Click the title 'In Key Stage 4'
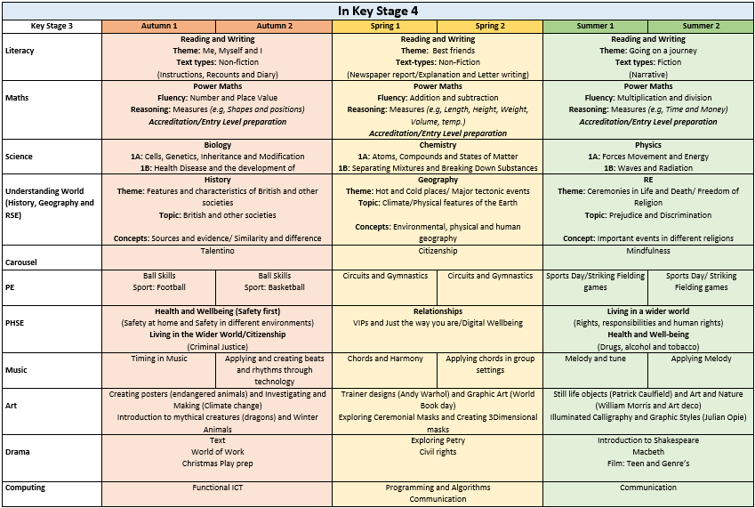coord(377,11)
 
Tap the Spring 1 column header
coord(385,26)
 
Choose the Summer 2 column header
coord(701,26)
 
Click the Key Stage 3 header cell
coord(52,26)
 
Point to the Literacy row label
coord(20,51)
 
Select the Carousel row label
coord(21,262)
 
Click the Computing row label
coord(25,488)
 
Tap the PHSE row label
coord(16,322)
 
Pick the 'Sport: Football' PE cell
coord(159,287)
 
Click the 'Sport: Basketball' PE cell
coord(274,287)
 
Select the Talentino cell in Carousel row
coord(217,251)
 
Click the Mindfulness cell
coord(648,251)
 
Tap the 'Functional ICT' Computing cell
coord(217,488)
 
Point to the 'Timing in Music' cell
coord(159,359)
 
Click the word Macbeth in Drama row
coord(648,452)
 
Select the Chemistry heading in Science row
coord(438,145)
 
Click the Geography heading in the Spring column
coord(438,180)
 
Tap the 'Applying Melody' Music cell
coord(701,359)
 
